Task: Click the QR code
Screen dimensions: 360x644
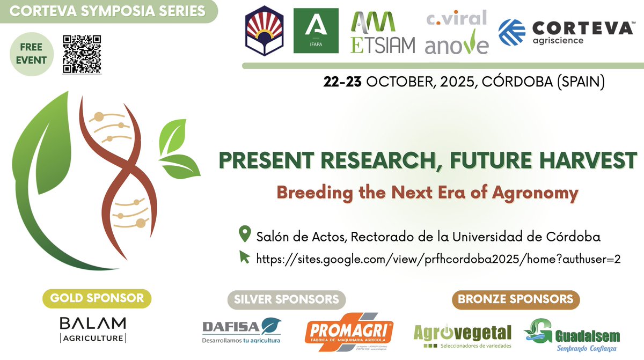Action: tap(82, 54)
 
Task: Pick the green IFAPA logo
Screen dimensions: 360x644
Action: tap(316, 31)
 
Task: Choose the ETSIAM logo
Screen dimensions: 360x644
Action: tap(382, 33)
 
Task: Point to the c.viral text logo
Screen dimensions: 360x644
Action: tap(456, 18)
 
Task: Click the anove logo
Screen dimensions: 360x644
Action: tap(457, 42)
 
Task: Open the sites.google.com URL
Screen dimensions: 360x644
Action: tap(438, 259)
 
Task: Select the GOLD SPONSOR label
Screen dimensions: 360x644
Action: tap(97, 298)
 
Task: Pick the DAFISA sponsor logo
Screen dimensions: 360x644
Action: tap(241, 330)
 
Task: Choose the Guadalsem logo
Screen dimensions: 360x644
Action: tap(571, 333)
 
